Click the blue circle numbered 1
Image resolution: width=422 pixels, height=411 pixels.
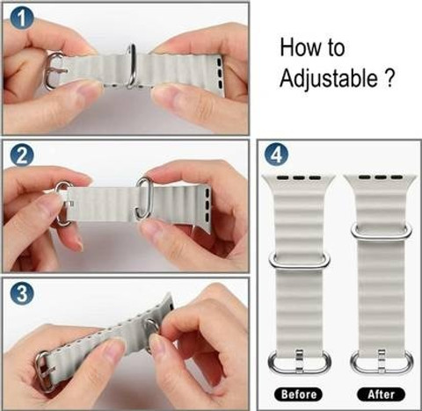(22, 18)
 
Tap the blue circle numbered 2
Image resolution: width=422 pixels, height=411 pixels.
(22, 155)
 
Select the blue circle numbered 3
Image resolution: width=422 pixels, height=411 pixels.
(22, 293)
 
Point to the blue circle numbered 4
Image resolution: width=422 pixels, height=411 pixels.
(276, 155)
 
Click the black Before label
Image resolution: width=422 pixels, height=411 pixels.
(298, 394)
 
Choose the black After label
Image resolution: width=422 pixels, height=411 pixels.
(381, 394)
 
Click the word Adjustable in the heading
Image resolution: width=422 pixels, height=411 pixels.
(329, 78)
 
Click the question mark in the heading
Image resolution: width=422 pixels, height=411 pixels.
(389, 78)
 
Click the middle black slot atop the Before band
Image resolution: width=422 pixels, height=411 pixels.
(299, 177)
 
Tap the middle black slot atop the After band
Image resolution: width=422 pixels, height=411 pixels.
(381, 177)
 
